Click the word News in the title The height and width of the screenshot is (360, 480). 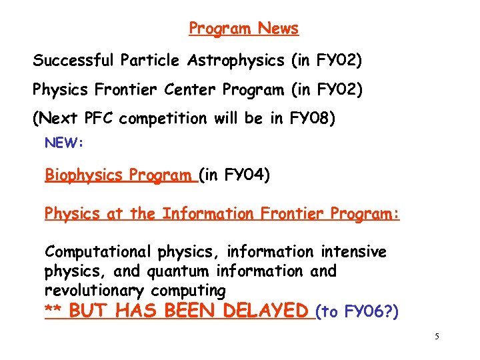(278, 28)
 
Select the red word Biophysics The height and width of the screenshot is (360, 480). (84, 176)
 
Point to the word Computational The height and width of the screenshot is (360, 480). (99, 252)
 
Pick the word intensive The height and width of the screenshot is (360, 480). (353, 252)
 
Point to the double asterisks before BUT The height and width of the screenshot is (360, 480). (53, 311)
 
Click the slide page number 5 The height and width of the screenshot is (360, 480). (437, 337)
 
